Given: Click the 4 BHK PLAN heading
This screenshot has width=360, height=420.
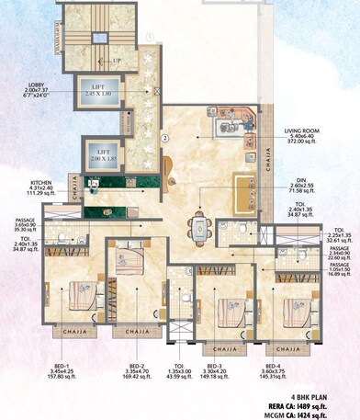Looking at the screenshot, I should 332,392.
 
